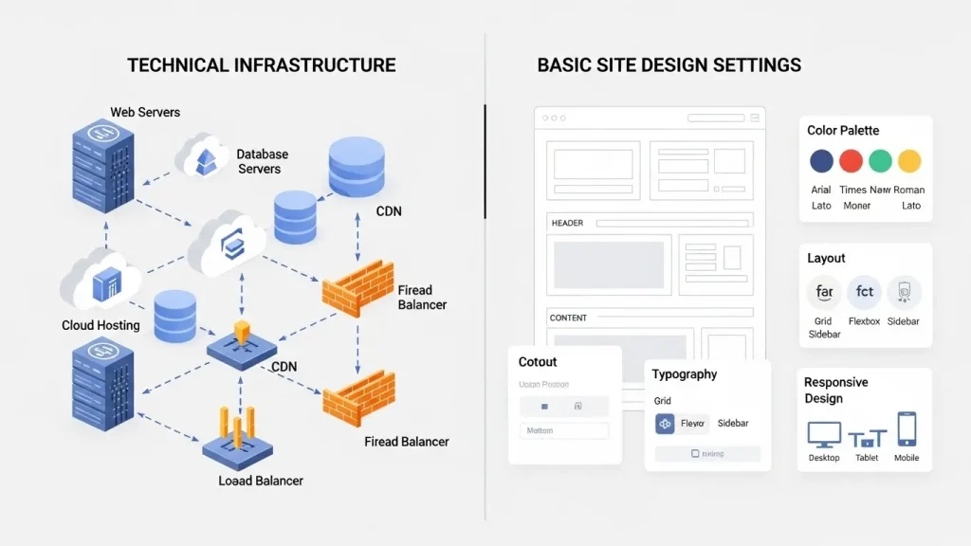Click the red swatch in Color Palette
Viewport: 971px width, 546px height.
pyautogui.click(x=852, y=160)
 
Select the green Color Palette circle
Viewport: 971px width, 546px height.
pyautogui.click(x=881, y=160)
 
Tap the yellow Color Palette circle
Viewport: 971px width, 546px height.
pyautogui.click(x=909, y=160)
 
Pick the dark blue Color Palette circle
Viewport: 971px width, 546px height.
pyautogui.click(x=821, y=160)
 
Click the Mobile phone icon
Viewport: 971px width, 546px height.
pyautogui.click(x=907, y=428)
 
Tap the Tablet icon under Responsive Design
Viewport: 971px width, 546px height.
pyautogui.click(x=867, y=438)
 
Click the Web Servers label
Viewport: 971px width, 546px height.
pyautogui.click(x=145, y=112)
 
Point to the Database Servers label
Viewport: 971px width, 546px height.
pyautogui.click(x=262, y=161)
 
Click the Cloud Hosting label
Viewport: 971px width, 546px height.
pyautogui.click(x=101, y=325)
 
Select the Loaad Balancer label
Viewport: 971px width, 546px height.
pyautogui.click(x=261, y=481)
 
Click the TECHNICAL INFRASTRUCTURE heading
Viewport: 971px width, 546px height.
pyautogui.click(x=262, y=65)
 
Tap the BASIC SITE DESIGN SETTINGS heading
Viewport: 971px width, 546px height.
pyautogui.click(x=669, y=65)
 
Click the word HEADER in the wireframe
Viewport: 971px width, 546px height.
pyautogui.click(x=567, y=223)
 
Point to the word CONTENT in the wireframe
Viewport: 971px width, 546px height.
pyautogui.click(x=568, y=318)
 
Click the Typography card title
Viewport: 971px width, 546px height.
pyautogui.click(x=685, y=374)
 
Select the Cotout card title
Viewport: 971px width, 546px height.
pyautogui.click(x=538, y=361)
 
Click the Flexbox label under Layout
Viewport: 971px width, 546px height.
pyautogui.click(x=864, y=321)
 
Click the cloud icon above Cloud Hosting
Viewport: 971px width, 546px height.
pyautogui.click(x=101, y=280)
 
